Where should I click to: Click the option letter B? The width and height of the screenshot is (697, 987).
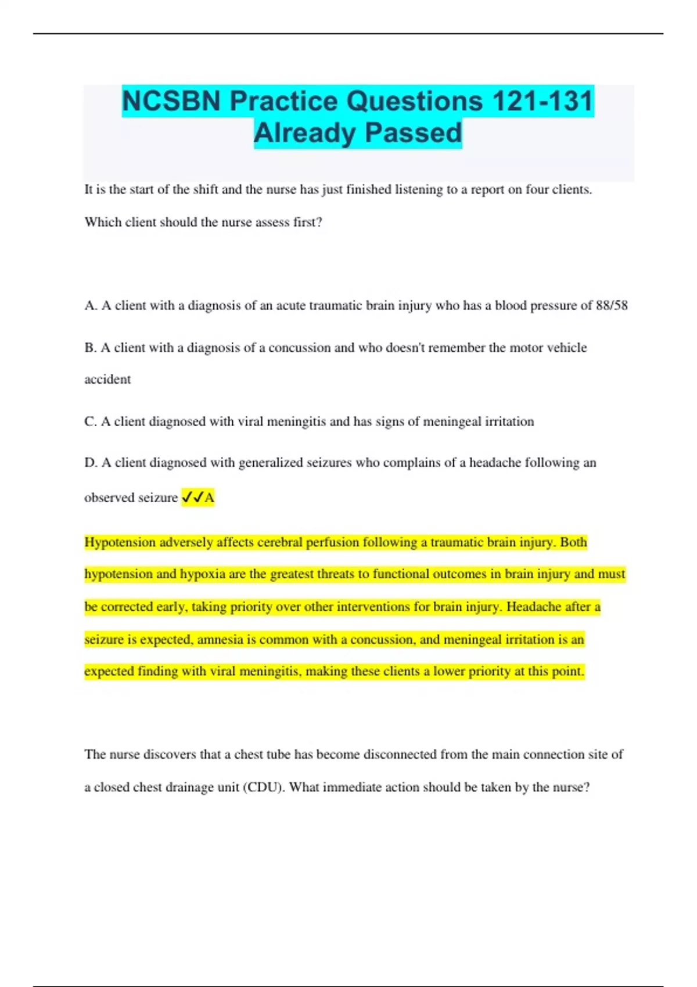90,348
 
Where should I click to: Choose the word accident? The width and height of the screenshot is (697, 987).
107,380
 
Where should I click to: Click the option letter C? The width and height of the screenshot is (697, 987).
90,422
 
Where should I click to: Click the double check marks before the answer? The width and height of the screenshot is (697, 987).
192,498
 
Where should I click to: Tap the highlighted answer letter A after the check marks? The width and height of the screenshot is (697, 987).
209,498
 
